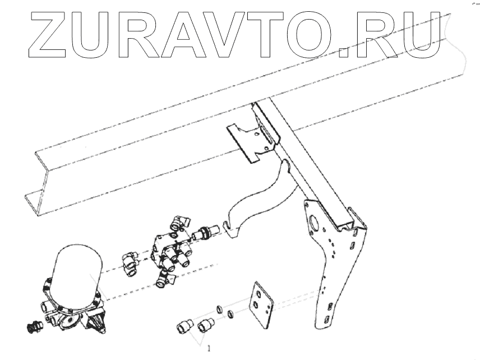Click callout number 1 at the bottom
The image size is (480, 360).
(x=209, y=348)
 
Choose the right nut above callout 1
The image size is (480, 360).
(x=207, y=324)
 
